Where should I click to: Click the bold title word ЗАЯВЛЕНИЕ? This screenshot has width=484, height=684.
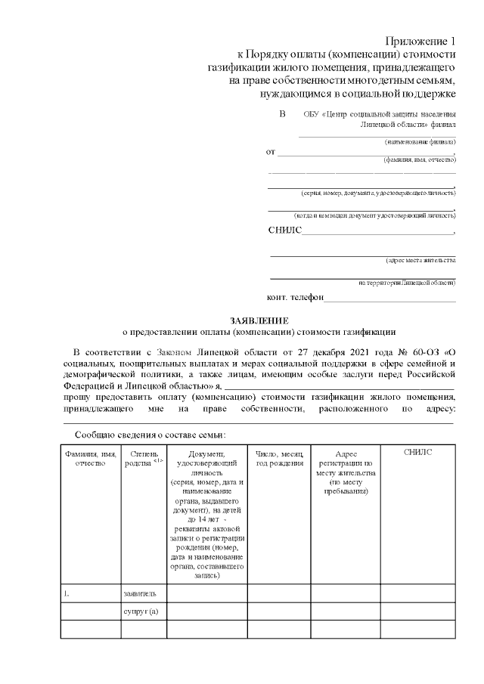259,320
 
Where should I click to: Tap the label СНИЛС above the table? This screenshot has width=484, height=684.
284,231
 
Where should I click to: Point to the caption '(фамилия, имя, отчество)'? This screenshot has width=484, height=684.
419,159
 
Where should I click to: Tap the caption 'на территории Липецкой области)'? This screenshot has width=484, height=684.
407,283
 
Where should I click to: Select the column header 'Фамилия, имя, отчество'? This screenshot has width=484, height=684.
90,457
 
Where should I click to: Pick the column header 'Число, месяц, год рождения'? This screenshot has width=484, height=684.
278,457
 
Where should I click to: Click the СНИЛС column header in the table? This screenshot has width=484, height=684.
417,452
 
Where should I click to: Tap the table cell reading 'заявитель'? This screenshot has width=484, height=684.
139,593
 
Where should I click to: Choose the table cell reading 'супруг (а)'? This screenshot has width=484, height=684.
141,611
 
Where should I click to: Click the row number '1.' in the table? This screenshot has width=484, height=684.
67,593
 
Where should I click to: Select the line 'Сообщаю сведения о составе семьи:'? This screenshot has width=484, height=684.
150,435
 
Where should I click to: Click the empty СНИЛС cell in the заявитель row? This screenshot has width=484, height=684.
417,593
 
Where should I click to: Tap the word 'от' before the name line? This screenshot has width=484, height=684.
271,152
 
